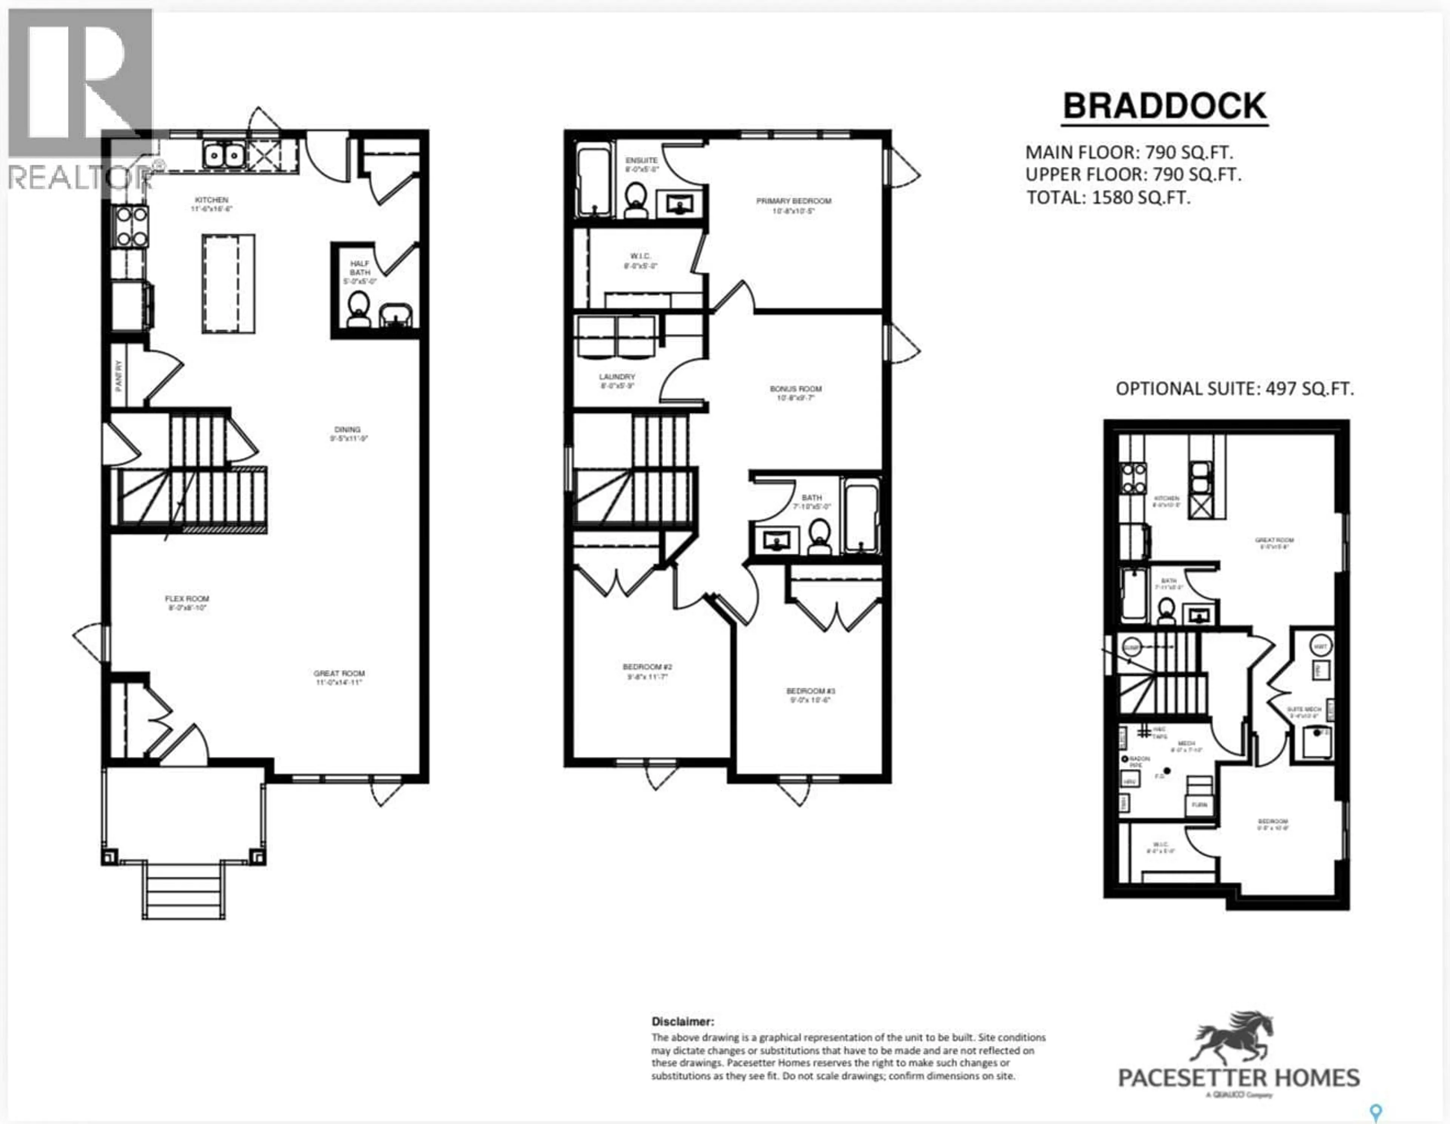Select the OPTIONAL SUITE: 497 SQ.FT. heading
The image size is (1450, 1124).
click(x=1234, y=388)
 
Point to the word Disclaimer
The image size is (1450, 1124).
click(x=682, y=1022)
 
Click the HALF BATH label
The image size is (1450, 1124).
click(x=360, y=267)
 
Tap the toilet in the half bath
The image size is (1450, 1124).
click(x=358, y=309)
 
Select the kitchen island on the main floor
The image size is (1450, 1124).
click(x=228, y=284)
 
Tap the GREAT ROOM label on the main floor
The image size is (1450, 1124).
click(x=339, y=677)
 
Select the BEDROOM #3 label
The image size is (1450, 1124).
click(x=808, y=695)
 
